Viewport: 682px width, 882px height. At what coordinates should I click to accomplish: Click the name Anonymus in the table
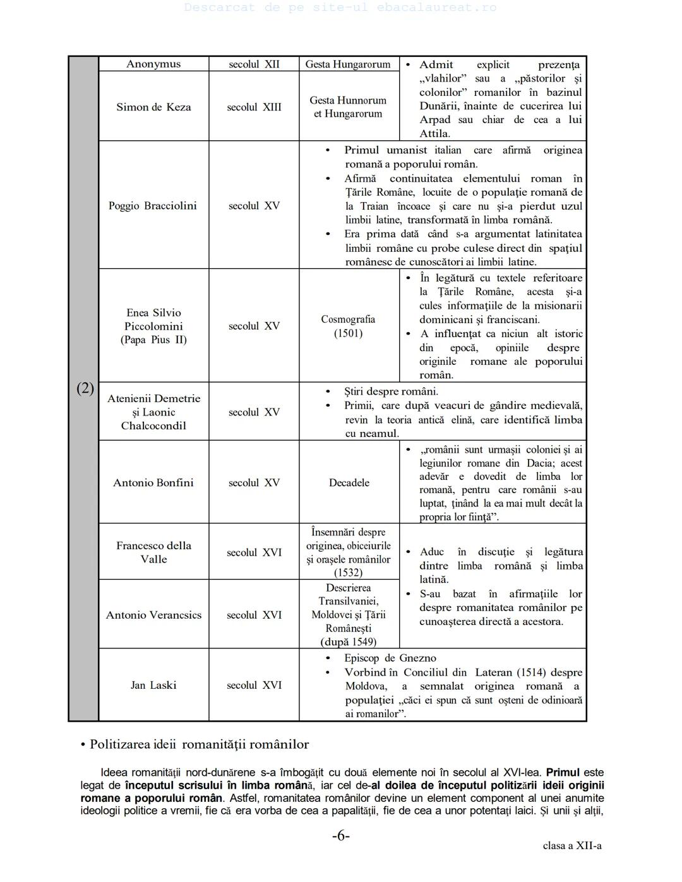[153, 64]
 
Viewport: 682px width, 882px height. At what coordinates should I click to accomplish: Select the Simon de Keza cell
[153, 107]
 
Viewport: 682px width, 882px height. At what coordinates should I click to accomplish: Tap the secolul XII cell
[254, 64]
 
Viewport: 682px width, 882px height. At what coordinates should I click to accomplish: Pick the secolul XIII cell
[254, 107]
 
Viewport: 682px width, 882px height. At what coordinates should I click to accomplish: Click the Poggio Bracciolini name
[153, 206]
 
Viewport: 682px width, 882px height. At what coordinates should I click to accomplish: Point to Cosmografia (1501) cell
[348, 326]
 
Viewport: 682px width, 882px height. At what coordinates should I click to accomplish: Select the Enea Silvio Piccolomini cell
[153, 326]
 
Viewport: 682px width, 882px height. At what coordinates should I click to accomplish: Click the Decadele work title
[349, 482]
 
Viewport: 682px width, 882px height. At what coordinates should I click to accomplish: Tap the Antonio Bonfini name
[153, 482]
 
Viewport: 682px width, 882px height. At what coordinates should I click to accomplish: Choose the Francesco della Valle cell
[153, 552]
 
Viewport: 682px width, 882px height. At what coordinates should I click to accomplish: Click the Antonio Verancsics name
[153, 615]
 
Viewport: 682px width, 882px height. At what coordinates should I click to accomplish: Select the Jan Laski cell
[153, 685]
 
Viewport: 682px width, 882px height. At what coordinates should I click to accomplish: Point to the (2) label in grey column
[85, 388]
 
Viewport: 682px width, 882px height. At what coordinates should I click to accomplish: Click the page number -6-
[341, 836]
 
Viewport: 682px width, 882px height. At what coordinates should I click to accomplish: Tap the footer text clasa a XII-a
[572, 845]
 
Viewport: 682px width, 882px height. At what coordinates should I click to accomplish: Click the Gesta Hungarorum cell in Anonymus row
[348, 64]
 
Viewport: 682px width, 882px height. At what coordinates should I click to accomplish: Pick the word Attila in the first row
[434, 133]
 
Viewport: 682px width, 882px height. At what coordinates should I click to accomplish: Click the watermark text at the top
[341, 8]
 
